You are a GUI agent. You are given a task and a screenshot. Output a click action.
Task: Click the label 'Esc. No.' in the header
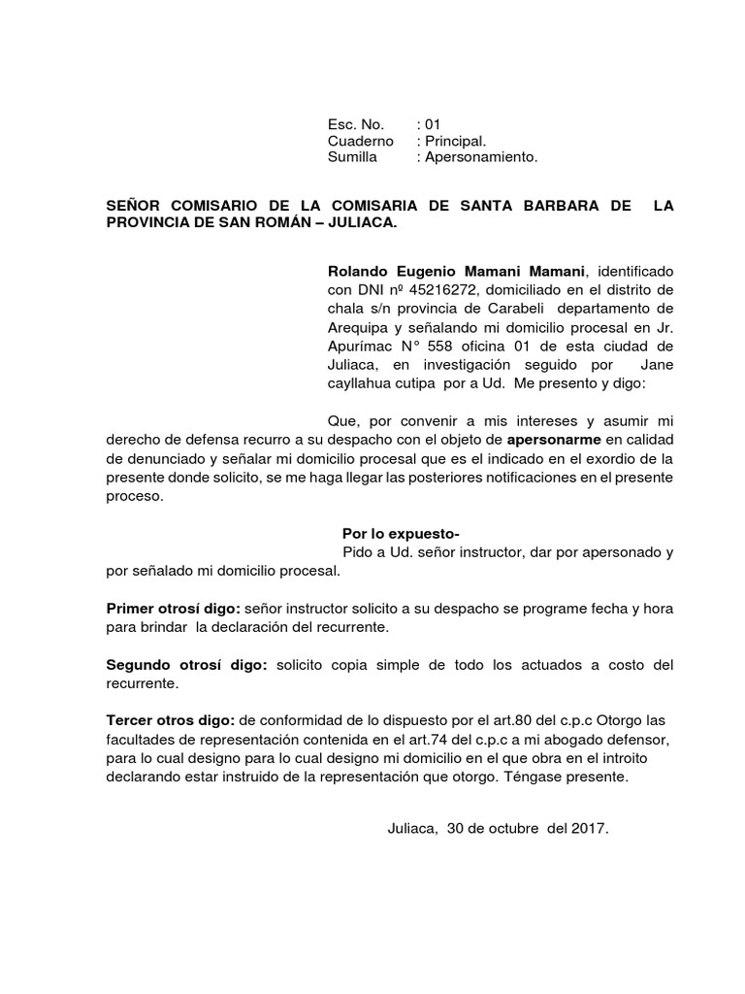tap(356, 124)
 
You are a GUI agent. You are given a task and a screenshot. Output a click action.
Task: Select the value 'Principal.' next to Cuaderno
tap(456, 141)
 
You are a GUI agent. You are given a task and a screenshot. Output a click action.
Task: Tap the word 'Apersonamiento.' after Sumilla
tap(481, 157)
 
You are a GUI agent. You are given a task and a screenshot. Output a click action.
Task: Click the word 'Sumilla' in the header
tap(352, 157)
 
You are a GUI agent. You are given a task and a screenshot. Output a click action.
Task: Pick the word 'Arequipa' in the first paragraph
tap(358, 327)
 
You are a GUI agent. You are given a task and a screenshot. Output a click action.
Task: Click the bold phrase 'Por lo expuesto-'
tap(401, 534)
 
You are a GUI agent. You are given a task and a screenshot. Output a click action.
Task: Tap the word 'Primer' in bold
tap(129, 608)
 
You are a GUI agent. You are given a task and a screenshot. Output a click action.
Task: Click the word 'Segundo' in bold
tap(138, 665)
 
